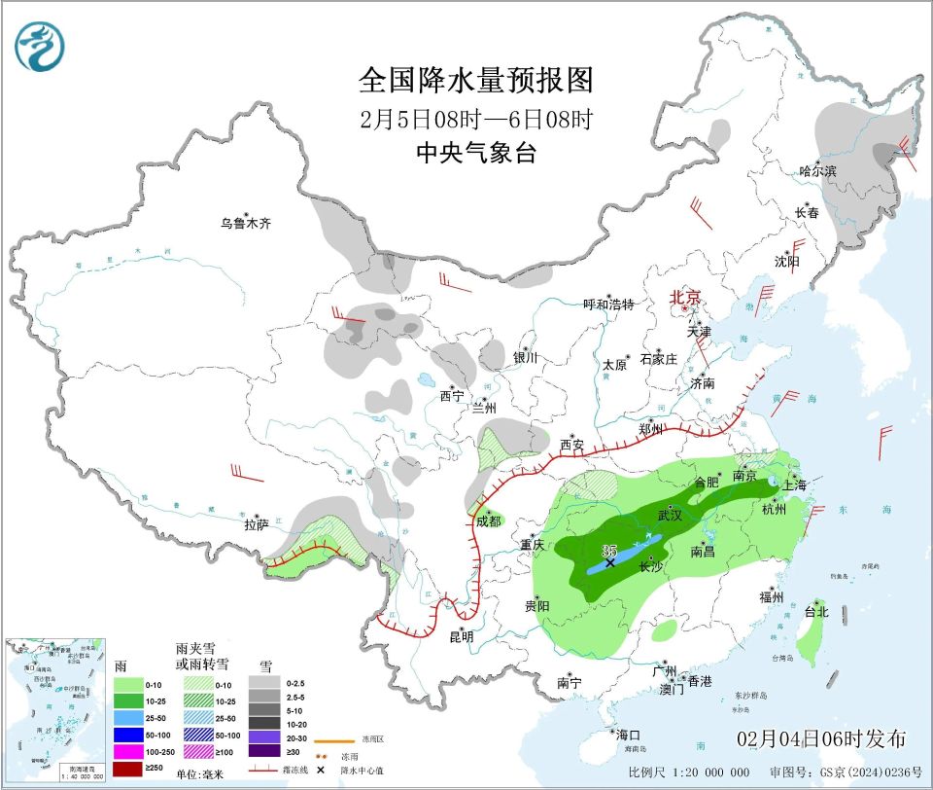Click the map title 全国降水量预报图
(475, 79)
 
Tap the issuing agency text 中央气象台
(475, 153)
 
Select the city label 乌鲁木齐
(245, 224)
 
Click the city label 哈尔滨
(817, 171)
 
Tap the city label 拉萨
(256, 524)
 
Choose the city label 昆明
(461, 637)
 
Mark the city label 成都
(488, 521)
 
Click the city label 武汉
(671, 514)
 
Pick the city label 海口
(628, 734)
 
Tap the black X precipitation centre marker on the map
(610, 562)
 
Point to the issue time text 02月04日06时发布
(821, 738)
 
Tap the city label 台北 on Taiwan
(816, 612)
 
